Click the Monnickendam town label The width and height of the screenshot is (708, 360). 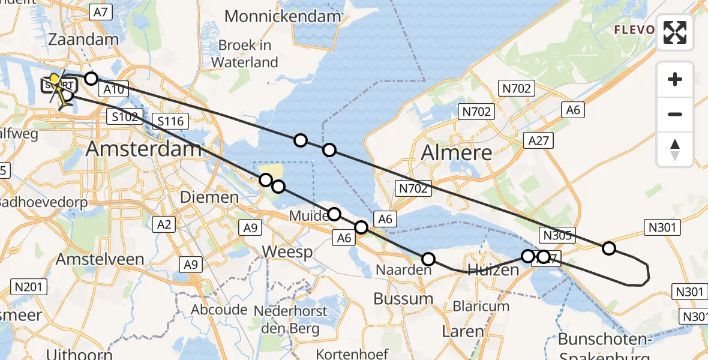pos(283,16)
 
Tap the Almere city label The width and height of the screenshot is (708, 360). pos(457,152)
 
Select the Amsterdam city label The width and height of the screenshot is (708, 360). pos(143,148)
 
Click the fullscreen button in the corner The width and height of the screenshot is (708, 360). pos(675,32)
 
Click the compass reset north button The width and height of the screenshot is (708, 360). pos(675,149)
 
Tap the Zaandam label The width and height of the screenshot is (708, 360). pos(83,40)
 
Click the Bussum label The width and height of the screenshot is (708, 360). pos(403,298)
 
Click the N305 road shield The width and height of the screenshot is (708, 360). pos(557,235)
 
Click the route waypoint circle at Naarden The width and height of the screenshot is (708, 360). pos(428,259)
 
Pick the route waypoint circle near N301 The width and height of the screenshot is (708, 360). pos(609,248)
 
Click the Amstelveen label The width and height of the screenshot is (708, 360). pos(100,259)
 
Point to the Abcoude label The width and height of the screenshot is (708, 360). pos(219,310)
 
